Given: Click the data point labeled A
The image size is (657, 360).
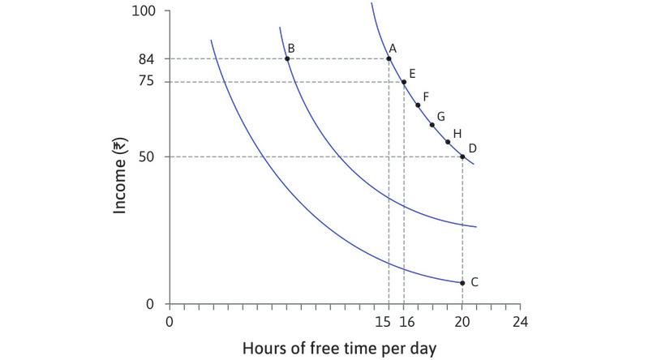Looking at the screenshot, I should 389,58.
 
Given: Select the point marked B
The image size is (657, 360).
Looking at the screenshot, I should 287,58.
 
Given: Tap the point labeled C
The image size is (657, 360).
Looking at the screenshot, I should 462,283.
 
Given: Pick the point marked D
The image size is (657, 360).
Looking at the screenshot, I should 462,156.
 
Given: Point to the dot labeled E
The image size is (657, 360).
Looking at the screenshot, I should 404,82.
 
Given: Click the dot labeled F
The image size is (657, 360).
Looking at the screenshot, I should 419,105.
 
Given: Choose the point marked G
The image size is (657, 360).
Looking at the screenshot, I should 432,125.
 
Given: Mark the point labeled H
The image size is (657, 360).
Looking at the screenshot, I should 448,142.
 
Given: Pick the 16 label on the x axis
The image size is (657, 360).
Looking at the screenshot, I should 406,322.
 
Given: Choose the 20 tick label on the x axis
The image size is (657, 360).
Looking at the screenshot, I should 462,322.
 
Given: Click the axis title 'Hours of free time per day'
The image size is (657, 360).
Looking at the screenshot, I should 339,349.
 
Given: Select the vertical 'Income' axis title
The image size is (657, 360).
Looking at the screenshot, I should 121,174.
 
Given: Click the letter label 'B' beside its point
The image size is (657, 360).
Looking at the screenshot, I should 291,49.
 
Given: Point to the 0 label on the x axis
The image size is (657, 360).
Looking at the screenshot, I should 170,322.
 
